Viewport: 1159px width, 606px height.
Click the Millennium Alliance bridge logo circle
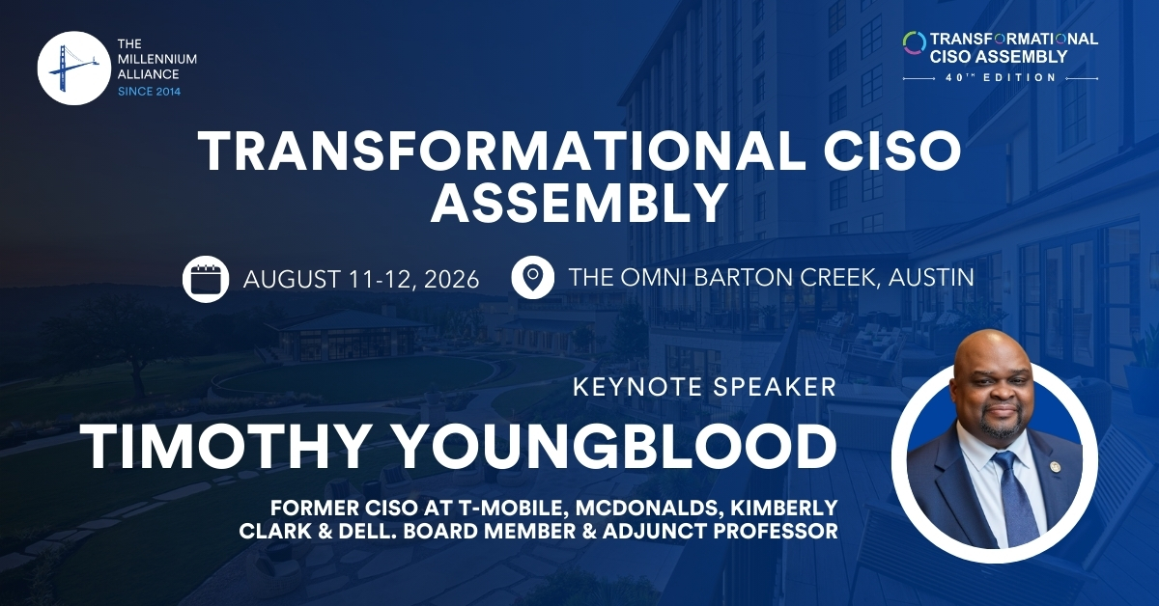click(x=74, y=69)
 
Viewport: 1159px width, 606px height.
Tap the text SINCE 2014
click(x=150, y=92)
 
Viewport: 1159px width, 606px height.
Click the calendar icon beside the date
click(x=206, y=279)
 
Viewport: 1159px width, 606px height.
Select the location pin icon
click(x=533, y=278)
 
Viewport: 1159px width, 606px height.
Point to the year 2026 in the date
click(x=452, y=280)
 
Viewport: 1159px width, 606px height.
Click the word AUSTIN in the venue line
click(x=931, y=278)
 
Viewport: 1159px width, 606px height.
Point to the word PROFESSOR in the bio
click(x=776, y=532)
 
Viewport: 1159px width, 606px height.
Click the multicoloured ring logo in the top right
click(x=915, y=42)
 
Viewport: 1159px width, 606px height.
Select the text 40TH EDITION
click(x=1002, y=78)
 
